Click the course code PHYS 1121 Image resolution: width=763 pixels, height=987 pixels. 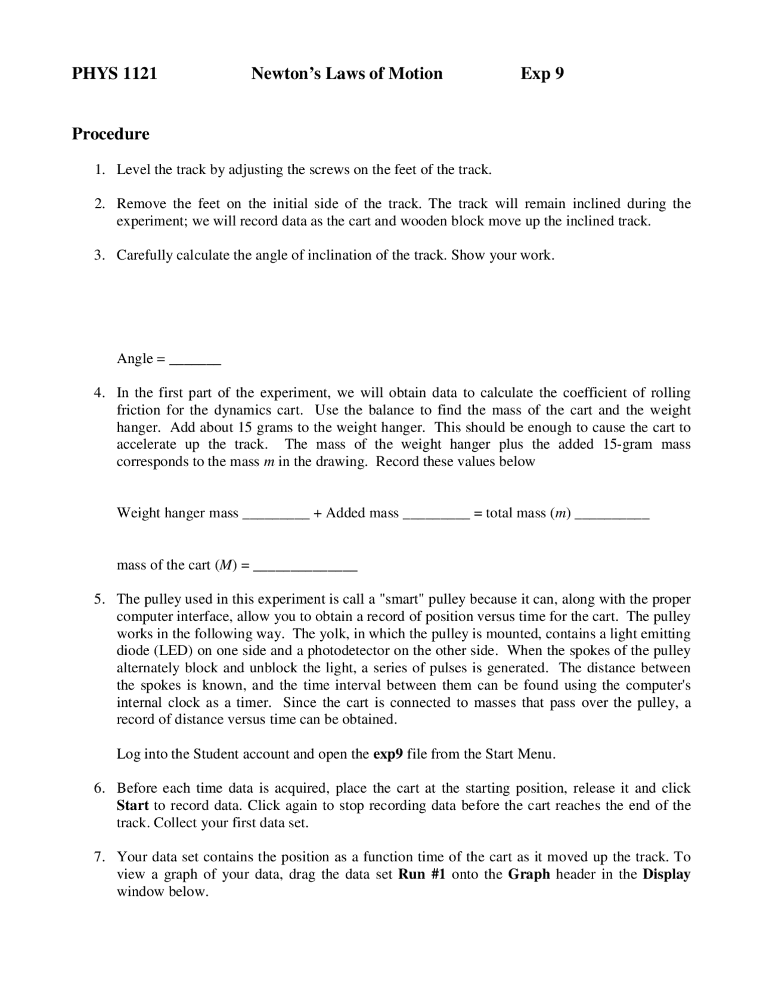[x=114, y=73]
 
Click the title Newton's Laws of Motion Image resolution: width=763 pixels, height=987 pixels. [x=346, y=73]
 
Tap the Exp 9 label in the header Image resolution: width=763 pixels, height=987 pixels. [x=541, y=73]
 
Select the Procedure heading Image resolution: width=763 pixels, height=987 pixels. [x=110, y=134]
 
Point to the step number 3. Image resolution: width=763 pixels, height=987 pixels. [x=99, y=255]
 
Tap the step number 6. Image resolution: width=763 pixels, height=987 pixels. [x=99, y=788]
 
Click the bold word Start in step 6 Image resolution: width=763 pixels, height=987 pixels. [x=132, y=806]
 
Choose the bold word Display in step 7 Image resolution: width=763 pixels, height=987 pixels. [x=666, y=874]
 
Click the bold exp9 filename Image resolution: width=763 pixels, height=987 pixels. [x=388, y=754]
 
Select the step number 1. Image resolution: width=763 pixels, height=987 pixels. [x=99, y=169]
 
